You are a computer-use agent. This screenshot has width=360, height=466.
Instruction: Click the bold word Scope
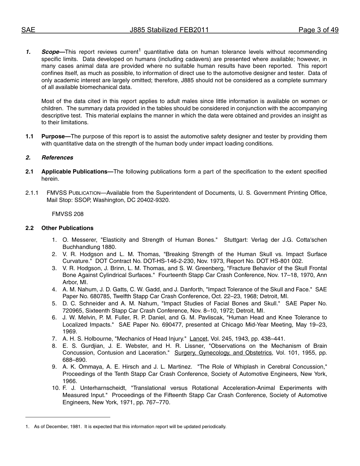(x=50, y=52)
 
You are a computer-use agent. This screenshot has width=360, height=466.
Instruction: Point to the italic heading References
(x=57, y=158)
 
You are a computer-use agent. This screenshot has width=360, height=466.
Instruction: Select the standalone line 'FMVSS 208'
(x=68, y=214)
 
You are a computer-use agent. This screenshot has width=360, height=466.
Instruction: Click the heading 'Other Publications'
(x=67, y=228)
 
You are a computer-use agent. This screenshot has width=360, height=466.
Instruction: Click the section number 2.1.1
(x=32, y=193)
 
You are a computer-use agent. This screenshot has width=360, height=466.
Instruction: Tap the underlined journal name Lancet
(x=199, y=339)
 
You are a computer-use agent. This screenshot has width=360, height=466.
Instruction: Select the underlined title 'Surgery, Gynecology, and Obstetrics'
(x=223, y=353)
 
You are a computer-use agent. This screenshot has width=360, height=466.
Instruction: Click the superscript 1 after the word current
(x=139, y=50)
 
